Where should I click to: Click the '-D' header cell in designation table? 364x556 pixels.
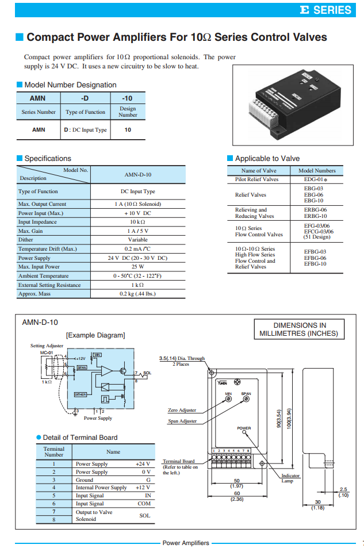click(x=85, y=98)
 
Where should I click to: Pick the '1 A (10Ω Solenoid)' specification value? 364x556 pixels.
click(x=138, y=204)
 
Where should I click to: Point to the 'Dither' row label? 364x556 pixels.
click(x=26, y=240)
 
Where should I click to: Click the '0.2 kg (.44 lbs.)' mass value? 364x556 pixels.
click(x=138, y=294)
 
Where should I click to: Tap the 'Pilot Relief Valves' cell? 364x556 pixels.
click(x=256, y=179)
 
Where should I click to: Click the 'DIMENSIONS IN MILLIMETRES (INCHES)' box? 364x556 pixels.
click(x=298, y=329)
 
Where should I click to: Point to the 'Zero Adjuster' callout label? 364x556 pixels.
click(x=182, y=410)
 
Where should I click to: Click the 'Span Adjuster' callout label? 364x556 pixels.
click(x=182, y=421)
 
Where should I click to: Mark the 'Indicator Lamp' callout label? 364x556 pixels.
click(x=291, y=478)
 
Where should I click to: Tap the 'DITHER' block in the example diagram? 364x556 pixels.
click(x=81, y=394)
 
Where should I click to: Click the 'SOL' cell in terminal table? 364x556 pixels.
click(x=144, y=515)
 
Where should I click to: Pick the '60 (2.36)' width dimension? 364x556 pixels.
click(x=236, y=496)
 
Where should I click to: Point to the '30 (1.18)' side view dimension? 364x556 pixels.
click(x=317, y=505)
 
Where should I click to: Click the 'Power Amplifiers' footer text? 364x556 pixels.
click(x=186, y=543)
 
